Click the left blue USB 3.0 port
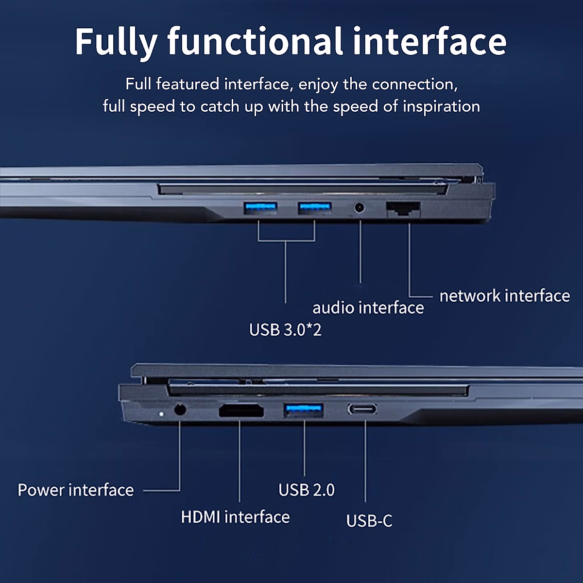[x=260, y=209]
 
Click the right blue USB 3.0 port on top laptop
[x=315, y=209]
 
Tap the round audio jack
[x=360, y=208]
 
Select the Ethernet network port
[x=403, y=209]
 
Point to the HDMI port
[x=241, y=411]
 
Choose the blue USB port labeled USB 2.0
[x=304, y=411]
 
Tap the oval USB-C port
[x=362, y=410]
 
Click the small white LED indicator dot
[x=162, y=414]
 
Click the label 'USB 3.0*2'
[x=285, y=330]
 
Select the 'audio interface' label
[x=368, y=308]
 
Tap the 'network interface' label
[x=504, y=296]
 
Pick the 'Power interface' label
[x=76, y=490]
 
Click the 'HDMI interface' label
[x=235, y=516]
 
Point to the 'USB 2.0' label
[x=307, y=490]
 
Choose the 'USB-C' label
[x=369, y=521]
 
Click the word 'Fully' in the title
[x=116, y=43]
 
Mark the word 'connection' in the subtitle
[x=414, y=85]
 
